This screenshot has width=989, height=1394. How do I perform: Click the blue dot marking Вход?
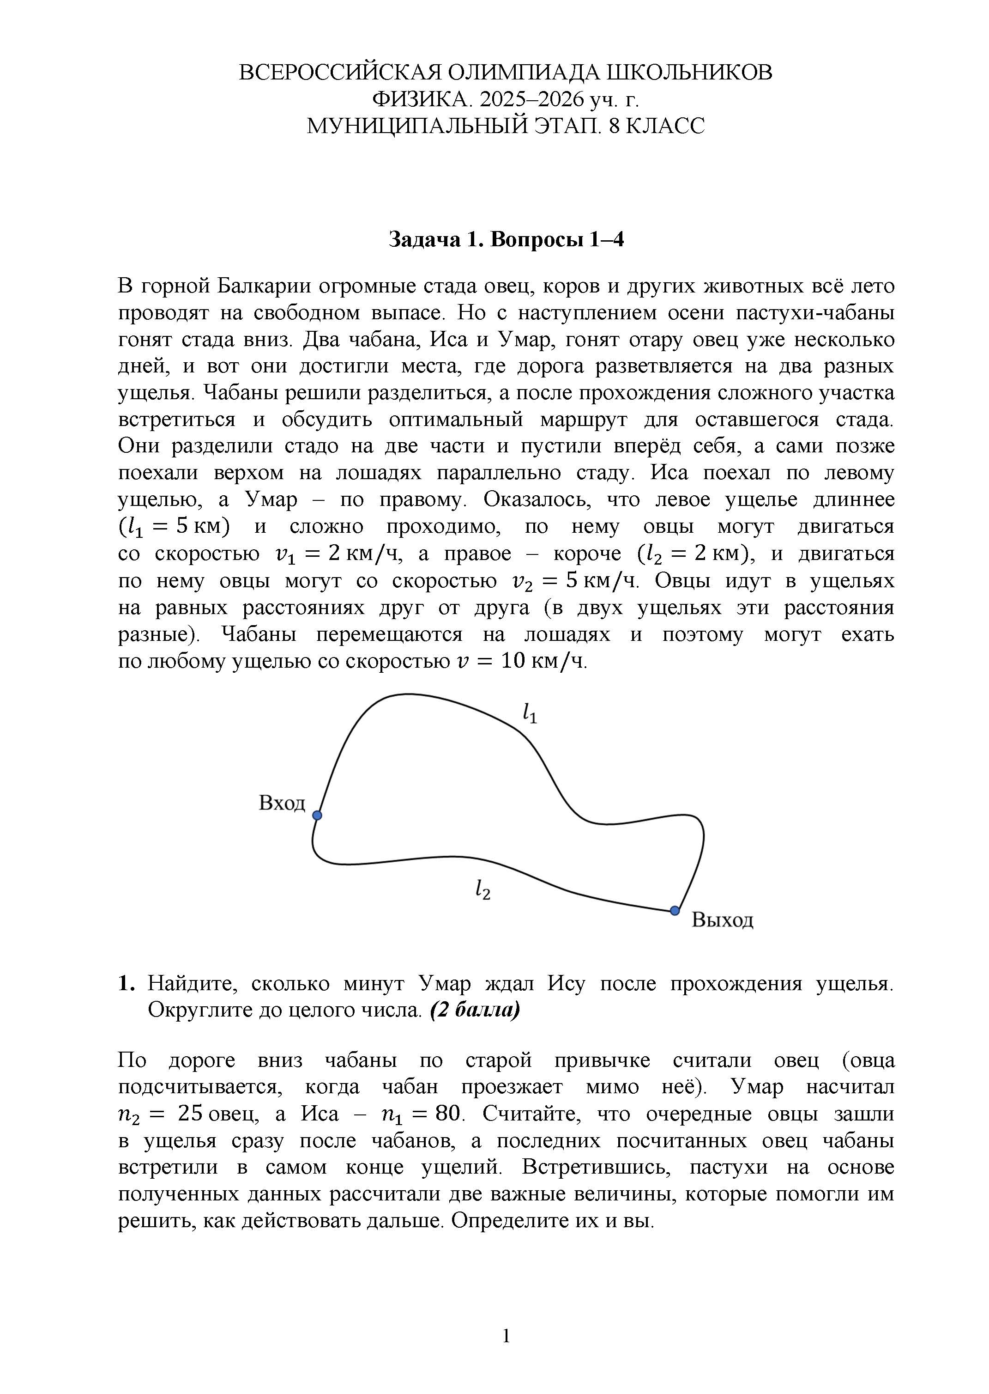coord(317,815)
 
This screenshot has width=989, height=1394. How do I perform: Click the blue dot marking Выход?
coord(674,911)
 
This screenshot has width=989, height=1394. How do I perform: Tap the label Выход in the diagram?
coord(722,919)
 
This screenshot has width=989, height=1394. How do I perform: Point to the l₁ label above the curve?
coord(530,713)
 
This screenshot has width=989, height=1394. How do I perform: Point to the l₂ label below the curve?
coord(483,890)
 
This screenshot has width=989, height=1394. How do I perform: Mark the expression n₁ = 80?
coord(421,1114)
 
